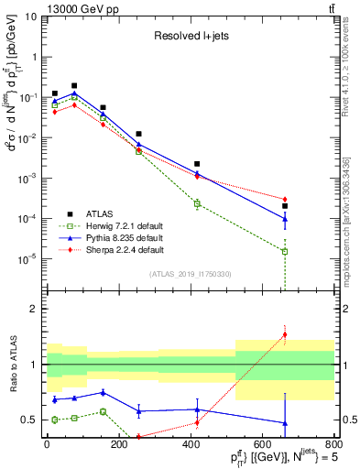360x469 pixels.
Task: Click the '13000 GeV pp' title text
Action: click(40, 7)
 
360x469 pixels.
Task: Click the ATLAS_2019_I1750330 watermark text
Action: click(190, 274)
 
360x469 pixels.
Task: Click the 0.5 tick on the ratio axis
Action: click(29, 420)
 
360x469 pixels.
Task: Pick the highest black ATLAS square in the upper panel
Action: click(74, 85)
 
